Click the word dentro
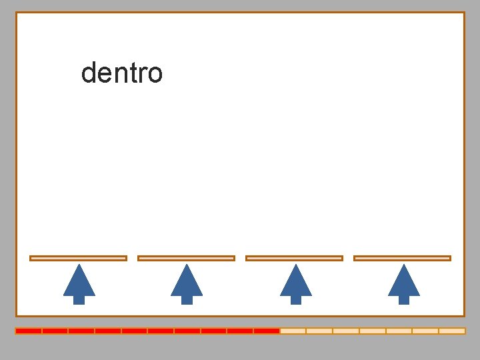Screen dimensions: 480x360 click(121, 73)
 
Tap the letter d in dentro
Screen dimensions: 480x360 click(87, 73)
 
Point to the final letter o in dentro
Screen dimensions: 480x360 click(155, 75)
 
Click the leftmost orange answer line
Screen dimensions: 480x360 click(78, 258)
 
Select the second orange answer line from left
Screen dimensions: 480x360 click(186, 258)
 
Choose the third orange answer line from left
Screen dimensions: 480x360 click(294, 258)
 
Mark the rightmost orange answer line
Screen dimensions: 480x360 click(402, 258)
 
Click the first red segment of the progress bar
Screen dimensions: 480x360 click(29, 331)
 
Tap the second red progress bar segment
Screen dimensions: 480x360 click(55, 331)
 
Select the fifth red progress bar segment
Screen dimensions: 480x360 click(134, 331)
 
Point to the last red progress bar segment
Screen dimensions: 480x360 click(267, 331)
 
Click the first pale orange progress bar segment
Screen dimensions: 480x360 click(293, 331)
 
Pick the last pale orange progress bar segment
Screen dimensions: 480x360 click(452, 331)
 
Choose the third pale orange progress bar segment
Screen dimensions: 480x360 click(346, 331)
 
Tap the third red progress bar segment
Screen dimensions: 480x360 click(81, 331)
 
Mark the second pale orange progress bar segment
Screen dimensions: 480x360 click(319, 331)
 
